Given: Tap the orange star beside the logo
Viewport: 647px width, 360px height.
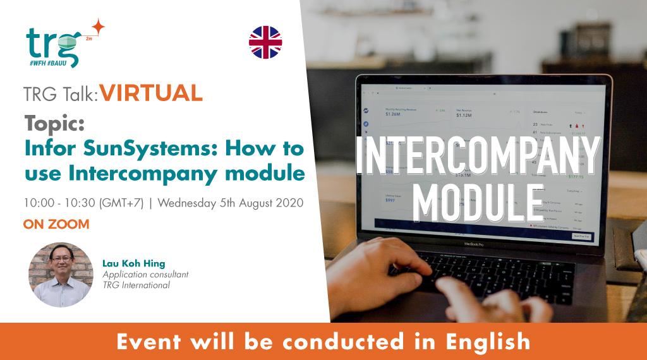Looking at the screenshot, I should [97, 27].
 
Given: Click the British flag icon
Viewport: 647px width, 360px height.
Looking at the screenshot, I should [265, 42].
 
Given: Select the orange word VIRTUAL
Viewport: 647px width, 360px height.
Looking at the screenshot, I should [151, 93].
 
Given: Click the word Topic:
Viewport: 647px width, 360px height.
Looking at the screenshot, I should [54, 124].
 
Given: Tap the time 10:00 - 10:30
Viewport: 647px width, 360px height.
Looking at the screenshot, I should [52, 203].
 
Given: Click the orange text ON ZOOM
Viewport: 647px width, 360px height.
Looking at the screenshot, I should [56, 224].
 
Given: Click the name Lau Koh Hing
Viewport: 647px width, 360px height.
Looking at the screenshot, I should [134, 263].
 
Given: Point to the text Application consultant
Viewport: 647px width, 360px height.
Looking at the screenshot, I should [145, 275].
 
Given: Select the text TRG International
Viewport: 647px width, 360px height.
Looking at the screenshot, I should [136, 285].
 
